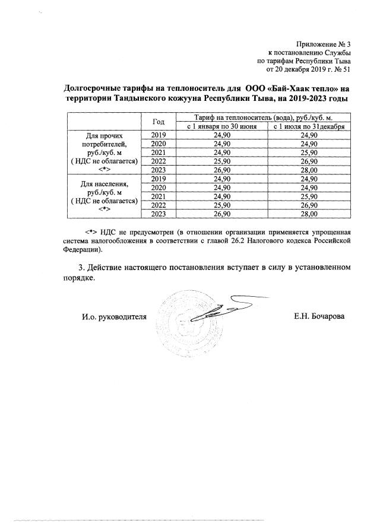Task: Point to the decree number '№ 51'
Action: [x=343, y=69]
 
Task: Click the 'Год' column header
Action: [x=159, y=122]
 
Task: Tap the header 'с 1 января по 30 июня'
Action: [x=221, y=126]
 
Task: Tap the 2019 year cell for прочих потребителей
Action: [x=159, y=135]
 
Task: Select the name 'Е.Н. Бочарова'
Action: [x=319, y=316]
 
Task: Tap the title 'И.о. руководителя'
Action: [x=113, y=316]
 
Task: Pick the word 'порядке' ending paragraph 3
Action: [x=79, y=278]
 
